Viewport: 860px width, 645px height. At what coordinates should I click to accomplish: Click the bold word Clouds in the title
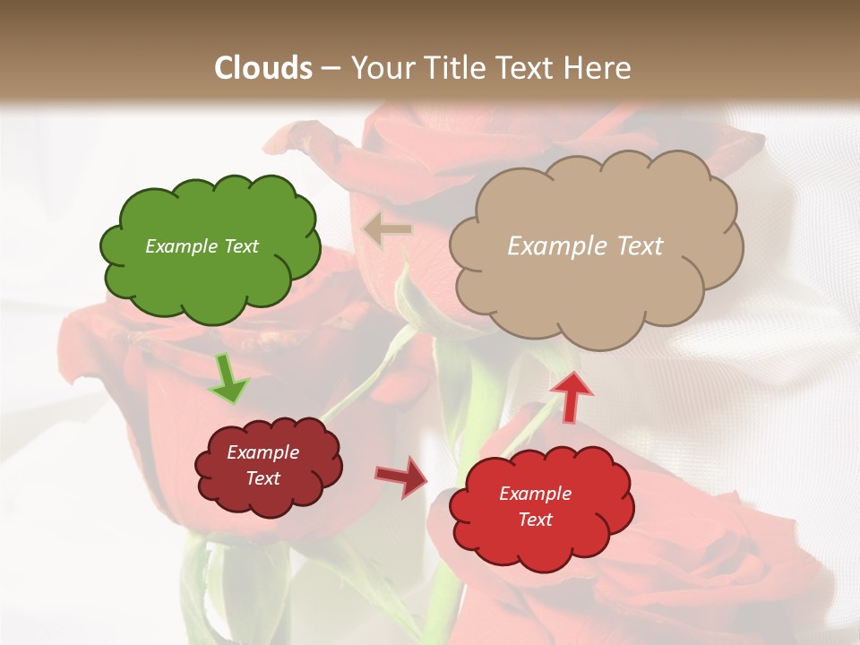[x=263, y=68]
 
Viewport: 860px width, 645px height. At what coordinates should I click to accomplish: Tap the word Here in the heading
[x=599, y=68]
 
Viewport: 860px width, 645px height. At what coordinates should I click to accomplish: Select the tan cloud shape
[x=596, y=287]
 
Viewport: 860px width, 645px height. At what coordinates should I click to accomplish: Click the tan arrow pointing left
[x=387, y=229]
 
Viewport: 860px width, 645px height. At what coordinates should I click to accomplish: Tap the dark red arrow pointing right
[x=401, y=477]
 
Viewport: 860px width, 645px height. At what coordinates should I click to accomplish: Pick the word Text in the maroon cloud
[x=263, y=478]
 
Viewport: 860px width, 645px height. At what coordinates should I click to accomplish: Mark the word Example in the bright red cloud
[x=535, y=494]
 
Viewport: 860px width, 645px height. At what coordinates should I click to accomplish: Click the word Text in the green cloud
[x=240, y=246]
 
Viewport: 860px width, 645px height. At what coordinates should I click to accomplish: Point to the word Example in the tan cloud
[x=555, y=246]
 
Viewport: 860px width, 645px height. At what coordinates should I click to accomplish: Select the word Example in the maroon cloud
[x=263, y=452]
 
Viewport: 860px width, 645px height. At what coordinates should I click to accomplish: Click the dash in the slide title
[x=330, y=69]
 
